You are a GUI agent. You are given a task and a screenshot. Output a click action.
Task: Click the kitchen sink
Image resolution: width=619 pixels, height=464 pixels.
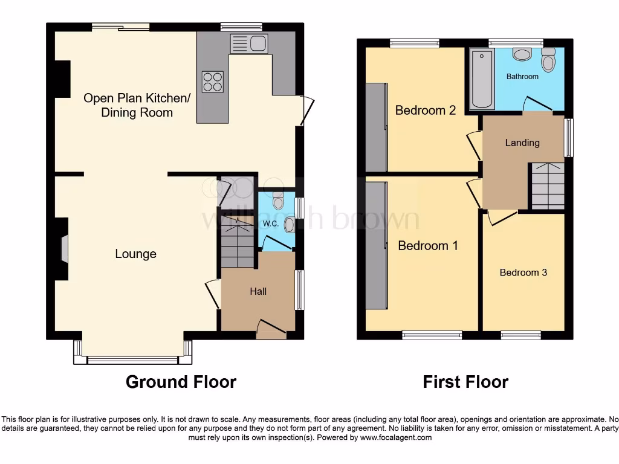(x=248, y=43)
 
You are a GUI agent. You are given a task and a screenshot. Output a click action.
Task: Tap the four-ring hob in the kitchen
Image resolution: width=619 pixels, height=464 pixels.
(x=212, y=81)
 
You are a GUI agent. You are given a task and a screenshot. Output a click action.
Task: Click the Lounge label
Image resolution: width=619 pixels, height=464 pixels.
(x=135, y=254)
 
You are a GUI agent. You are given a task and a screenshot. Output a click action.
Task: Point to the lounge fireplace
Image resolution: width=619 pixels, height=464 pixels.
(x=63, y=248)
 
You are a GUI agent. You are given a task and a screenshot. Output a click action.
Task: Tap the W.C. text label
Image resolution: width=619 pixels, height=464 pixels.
(x=270, y=224)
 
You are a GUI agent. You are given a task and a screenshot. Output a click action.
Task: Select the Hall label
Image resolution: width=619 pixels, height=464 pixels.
(x=258, y=291)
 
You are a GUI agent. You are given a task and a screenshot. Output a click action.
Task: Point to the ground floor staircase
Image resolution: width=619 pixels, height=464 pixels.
(x=236, y=242)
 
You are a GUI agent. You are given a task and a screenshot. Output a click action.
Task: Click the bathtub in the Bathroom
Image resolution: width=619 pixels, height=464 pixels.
(x=482, y=79)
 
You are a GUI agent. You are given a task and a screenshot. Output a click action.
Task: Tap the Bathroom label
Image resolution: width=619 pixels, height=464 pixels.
(x=522, y=77)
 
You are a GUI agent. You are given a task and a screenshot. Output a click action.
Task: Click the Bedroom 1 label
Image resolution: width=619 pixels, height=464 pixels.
(x=427, y=246)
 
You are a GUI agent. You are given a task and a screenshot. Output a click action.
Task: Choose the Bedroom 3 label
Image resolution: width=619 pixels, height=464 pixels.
(x=523, y=272)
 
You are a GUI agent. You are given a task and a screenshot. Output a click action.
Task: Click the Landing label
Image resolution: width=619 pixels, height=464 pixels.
(x=522, y=143)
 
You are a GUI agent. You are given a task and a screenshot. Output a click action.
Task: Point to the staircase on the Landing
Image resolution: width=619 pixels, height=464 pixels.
(x=547, y=186)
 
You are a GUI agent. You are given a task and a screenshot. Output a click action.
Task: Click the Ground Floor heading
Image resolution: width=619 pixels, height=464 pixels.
(x=181, y=382)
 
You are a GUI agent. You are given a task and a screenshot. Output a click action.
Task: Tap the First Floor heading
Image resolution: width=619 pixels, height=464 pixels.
(x=465, y=382)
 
